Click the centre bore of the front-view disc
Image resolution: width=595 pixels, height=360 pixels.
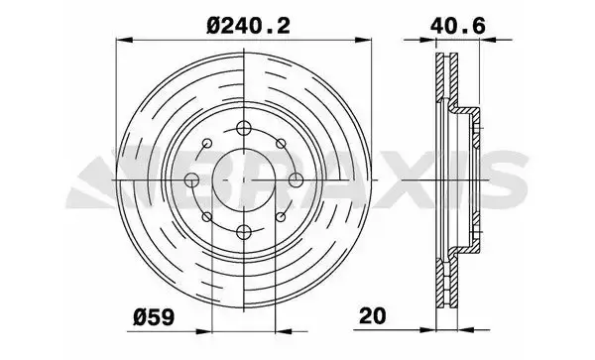[244, 180]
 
